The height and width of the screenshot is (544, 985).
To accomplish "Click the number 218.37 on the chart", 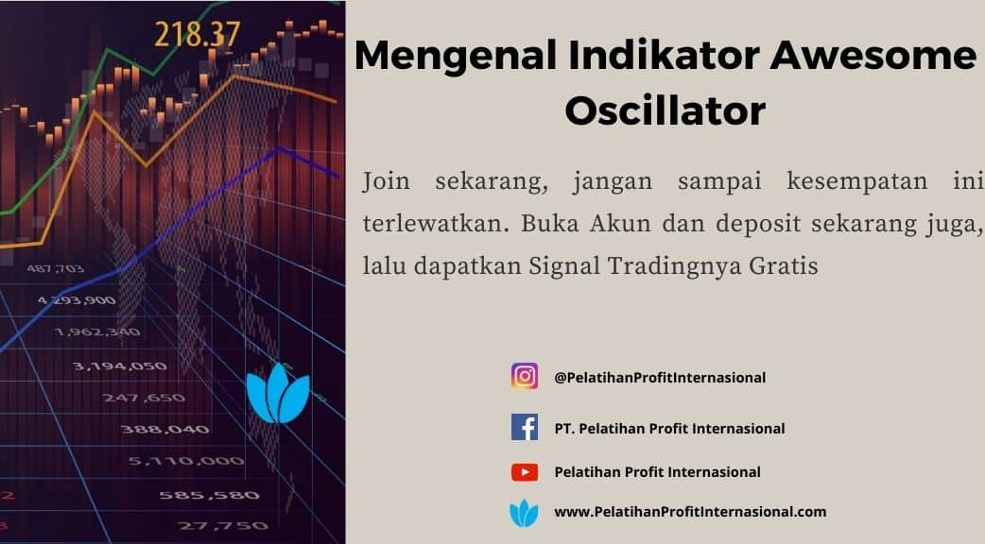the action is (x=198, y=35).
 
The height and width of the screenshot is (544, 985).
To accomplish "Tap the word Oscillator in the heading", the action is (x=665, y=110).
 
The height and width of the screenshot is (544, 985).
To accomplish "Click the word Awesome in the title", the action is (x=873, y=55).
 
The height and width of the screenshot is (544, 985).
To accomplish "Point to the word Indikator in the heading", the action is (x=664, y=55).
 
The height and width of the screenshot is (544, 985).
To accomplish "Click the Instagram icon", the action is (x=525, y=377).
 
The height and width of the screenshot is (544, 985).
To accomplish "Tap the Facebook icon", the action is (x=525, y=427).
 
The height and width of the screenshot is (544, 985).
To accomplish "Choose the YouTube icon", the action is (x=525, y=472).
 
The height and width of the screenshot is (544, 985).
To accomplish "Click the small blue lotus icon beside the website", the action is (x=524, y=513).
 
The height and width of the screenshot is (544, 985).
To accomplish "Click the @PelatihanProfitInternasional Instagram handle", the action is (x=660, y=378).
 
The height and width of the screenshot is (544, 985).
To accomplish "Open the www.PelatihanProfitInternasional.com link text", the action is (x=690, y=512).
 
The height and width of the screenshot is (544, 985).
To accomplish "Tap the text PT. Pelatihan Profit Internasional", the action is (x=669, y=429).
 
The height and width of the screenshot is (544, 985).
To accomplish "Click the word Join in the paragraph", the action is (x=386, y=181).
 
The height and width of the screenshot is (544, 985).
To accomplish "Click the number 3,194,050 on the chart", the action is (x=119, y=365).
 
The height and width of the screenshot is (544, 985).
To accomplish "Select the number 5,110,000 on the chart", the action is (x=186, y=461).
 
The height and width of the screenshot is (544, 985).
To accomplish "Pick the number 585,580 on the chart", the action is (x=209, y=495).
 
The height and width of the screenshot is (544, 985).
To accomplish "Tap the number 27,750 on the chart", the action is (x=223, y=526).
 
